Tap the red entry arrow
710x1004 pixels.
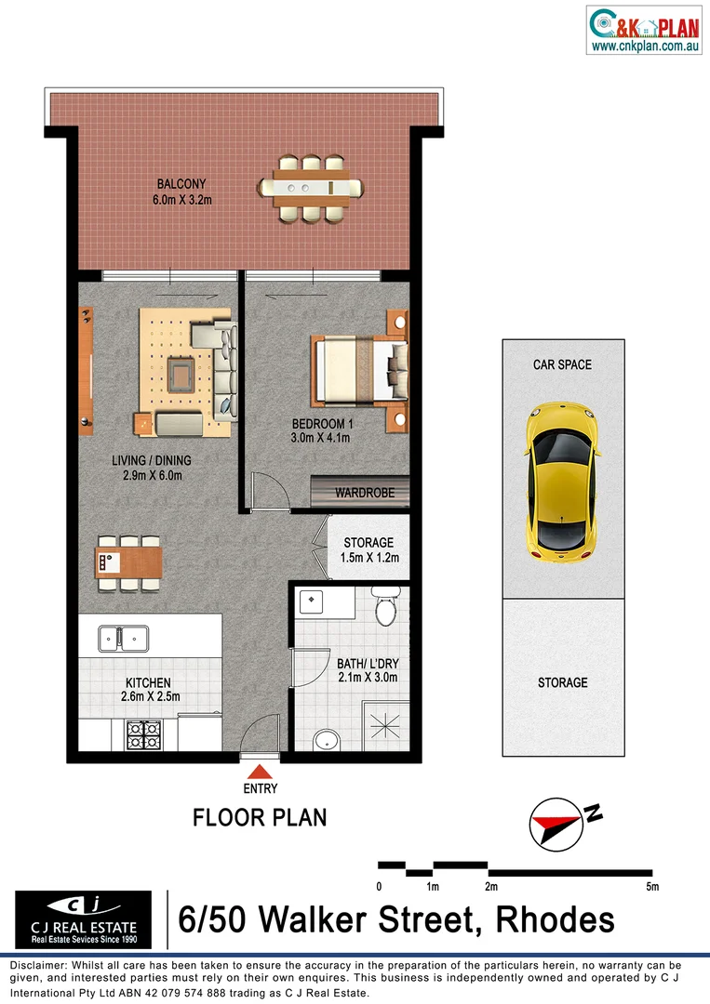260,771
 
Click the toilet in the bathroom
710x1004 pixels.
383,610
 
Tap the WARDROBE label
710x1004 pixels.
365,493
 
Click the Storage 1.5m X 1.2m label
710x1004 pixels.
368,549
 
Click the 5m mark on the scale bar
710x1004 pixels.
652,887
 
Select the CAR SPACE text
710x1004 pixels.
562,364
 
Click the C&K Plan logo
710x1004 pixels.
644,29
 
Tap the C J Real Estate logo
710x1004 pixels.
83,919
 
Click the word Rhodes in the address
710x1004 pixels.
555,919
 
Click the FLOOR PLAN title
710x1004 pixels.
260,818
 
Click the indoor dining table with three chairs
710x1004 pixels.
128,561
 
